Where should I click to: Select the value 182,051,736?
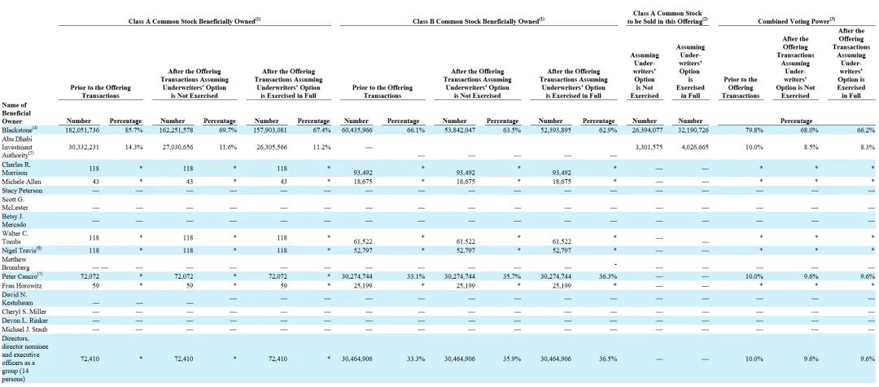point(84,130)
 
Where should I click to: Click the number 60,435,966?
point(357,130)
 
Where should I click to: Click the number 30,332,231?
point(84,147)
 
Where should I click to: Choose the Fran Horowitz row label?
point(20,285)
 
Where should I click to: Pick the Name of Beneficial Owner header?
point(15,112)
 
